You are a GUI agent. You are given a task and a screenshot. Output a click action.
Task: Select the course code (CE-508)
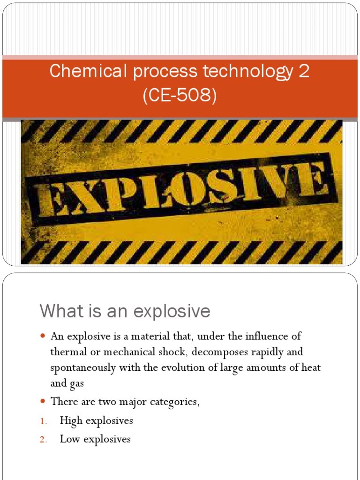pos(180,96)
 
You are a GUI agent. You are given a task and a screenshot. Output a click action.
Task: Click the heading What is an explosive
pos(125,311)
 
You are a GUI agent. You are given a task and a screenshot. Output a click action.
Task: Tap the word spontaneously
pos(82,367)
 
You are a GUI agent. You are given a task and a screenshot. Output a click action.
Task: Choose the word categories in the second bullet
pos(175,402)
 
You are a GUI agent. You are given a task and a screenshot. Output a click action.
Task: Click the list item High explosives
pos(97,420)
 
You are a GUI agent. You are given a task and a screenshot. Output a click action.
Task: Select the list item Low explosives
pos(96,439)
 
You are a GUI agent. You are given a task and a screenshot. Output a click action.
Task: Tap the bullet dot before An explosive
pos(43,337)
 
